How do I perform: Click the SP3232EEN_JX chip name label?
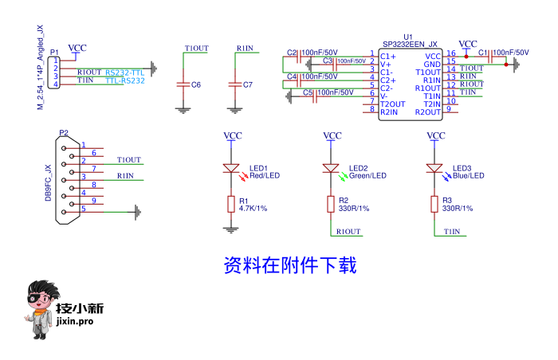[410, 45]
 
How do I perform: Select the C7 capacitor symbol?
[234, 84]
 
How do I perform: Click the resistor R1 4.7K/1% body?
[231, 205]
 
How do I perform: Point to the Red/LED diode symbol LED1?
[231, 169]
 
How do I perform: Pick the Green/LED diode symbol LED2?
[331, 169]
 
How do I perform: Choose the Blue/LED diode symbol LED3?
[434, 169]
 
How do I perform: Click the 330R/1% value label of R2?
[354, 209]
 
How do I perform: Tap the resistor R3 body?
[434, 205]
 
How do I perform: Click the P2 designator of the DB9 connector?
[64, 132]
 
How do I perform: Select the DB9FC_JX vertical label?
[49, 182]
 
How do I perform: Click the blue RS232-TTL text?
[124, 72]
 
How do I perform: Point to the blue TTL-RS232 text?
[124, 80]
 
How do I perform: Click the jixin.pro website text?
[76, 322]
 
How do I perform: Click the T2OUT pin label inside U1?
[393, 104]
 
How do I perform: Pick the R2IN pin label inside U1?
[390, 112]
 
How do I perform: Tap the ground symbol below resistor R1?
[231, 229]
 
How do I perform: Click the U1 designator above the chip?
[409, 37]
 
